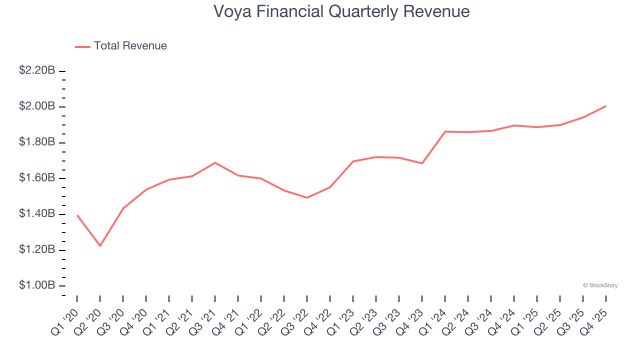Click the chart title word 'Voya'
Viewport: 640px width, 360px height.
pos(231,11)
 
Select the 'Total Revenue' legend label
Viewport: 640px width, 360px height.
pos(130,46)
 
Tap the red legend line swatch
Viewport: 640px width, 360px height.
pos(82,46)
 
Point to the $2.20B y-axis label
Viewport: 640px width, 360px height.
pos(37,70)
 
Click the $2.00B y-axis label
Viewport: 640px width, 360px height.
pos(37,106)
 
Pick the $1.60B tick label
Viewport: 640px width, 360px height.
pos(37,178)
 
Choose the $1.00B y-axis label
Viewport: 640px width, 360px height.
pos(37,285)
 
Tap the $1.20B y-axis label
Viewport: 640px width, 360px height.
pos(37,249)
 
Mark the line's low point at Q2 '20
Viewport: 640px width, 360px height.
pos(100,246)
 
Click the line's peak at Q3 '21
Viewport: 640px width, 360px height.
pos(215,162)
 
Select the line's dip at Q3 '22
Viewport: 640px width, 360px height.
pos(307,197)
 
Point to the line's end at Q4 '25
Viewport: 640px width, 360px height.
pos(606,106)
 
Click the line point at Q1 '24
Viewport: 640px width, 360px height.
pos(445,131)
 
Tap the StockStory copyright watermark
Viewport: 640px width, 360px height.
pos(600,285)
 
